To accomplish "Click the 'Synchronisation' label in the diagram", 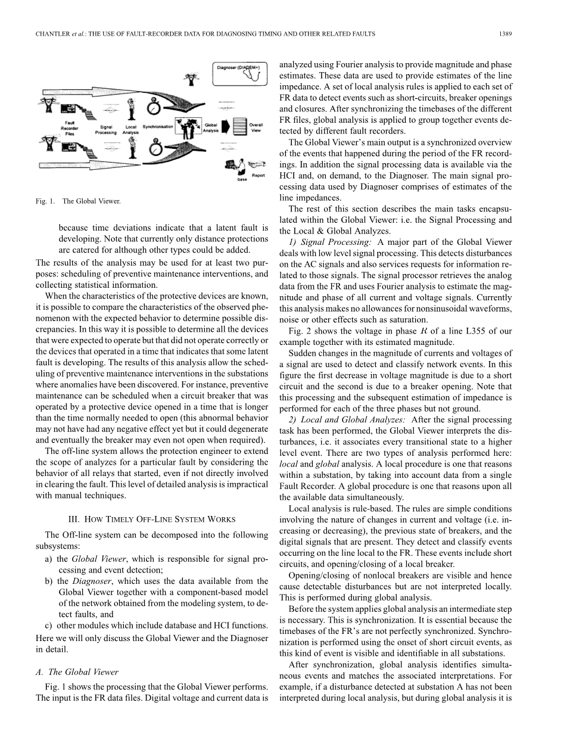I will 158,127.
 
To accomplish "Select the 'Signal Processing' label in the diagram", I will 107,129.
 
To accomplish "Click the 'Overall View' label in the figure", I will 256,127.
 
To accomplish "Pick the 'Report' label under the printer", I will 258,175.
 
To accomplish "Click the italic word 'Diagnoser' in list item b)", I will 89,581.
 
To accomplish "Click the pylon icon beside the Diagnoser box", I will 192,78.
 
